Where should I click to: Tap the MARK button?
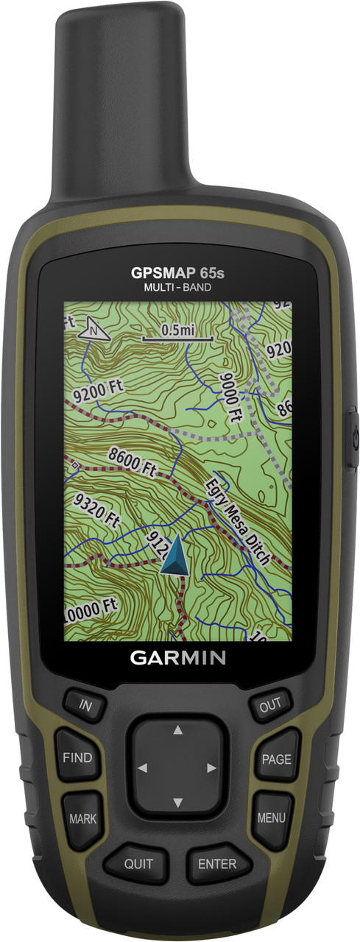[x=82, y=818]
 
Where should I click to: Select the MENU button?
[x=271, y=818]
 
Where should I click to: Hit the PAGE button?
[x=276, y=759]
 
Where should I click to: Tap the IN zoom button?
[x=86, y=706]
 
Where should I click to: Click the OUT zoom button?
[x=269, y=706]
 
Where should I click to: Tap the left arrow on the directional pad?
[x=142, y=768]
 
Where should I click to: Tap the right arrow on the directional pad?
[x=212, y=768]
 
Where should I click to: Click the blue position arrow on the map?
[x=174, y=556]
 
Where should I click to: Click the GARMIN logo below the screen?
[x=178, y=657]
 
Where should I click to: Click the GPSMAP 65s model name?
[x=177, y=273]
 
